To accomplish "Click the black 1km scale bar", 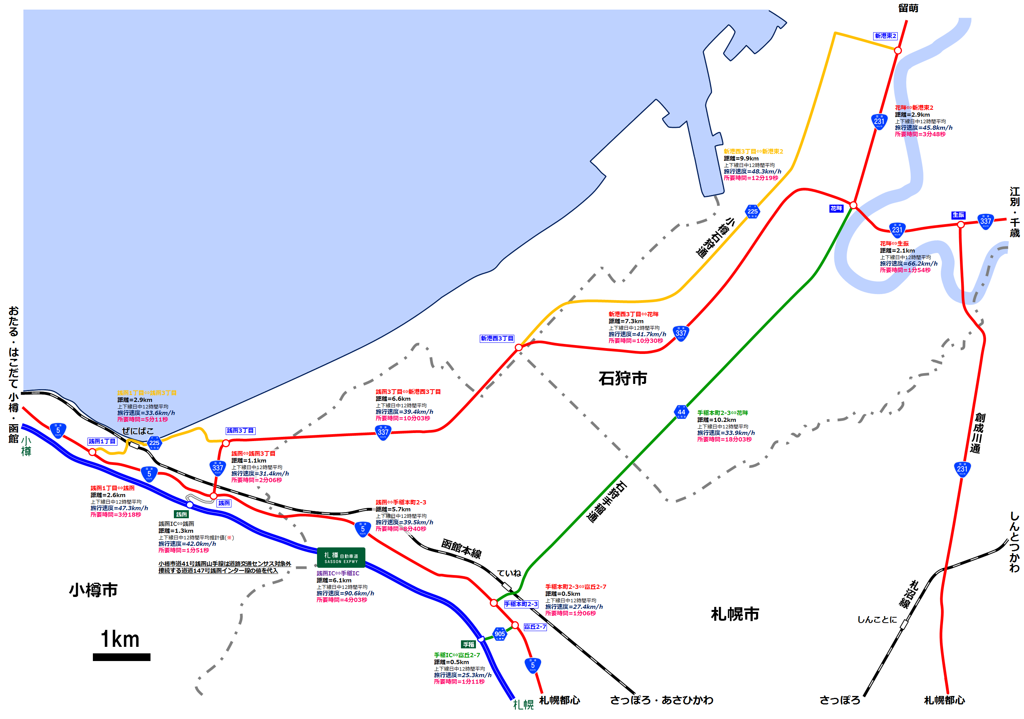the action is coord(121,656).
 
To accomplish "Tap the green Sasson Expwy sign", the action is coord(341,557).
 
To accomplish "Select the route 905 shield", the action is coord(499,634).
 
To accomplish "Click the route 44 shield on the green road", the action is coord(682,412).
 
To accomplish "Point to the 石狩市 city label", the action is coord(623,378).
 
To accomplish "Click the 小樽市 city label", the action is coord(93,590).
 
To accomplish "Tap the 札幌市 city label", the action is coord(735,614).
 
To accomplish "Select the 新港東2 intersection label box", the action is coord(885,36).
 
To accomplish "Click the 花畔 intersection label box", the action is coord(836,208).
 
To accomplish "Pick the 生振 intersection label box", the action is coord(958,215).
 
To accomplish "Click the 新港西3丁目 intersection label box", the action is coord(497,339).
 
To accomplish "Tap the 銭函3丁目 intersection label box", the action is coord(240,430).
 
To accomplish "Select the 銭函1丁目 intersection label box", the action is coord(102,441).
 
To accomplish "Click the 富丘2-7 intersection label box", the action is coord(535,626).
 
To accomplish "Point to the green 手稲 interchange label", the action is coord(468,645).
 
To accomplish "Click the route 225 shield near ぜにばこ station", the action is coord(154,443).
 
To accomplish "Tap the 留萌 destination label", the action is coord(908,8).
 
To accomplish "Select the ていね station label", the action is coord(509,573).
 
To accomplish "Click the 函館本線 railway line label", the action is coord(461,549).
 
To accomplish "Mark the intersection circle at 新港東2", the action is coord(898,50).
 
